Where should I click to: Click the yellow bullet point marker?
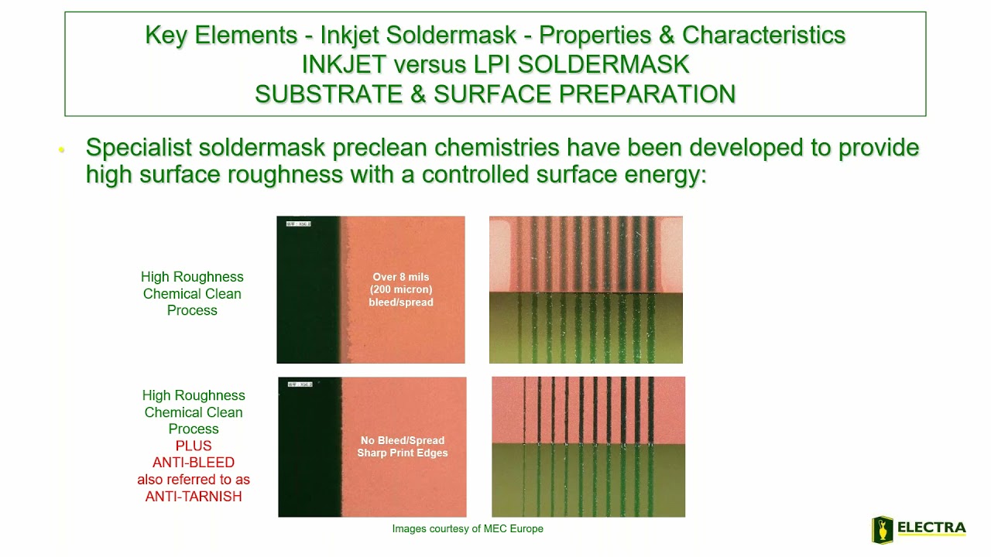click(x=61, y=149)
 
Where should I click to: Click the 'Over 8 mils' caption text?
click(x=401, y=277)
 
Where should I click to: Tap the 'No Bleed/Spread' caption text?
click(x=403, y=440)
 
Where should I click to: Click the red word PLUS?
click(x=194, y=446)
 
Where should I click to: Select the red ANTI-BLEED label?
click(x=194, y=463)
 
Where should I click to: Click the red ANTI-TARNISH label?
click(x=194, y=497)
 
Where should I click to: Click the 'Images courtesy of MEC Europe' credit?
click(x=468, y=529)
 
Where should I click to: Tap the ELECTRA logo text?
click(x=931, y=528)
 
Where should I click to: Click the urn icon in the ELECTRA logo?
click(x=883, y=530)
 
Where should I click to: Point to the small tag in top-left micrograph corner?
click(x=298, y=224)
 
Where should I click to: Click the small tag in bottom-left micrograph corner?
click(x=300, y=384)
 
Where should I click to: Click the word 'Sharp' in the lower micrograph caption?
click(x=373, y=453)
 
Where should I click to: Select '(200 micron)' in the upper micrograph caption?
click(x=401, y=289)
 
